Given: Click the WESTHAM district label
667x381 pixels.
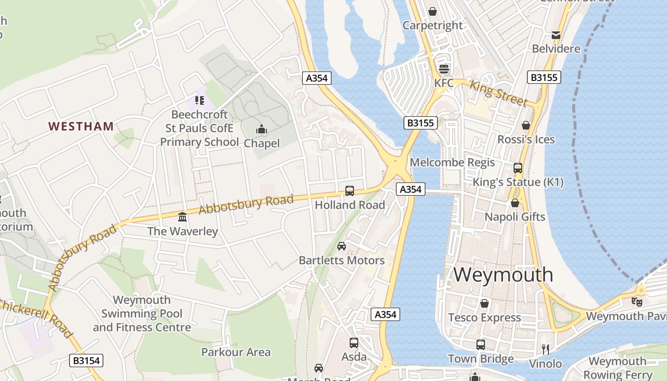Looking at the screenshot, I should pos(81,126).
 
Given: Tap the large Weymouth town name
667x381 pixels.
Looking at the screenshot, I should pos(503,275).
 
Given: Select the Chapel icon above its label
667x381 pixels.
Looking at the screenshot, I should pos(261,129).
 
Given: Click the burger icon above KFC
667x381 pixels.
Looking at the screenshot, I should pos(444,69).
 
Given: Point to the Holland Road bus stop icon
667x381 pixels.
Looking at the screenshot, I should pos(350,191).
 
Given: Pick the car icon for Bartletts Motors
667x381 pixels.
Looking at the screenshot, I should pos(342,246).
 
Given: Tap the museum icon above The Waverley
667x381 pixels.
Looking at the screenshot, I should pos(182,217).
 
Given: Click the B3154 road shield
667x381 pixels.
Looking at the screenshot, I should pos(87,361).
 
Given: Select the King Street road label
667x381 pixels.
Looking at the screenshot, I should pos(498,93).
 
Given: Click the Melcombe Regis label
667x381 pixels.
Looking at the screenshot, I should pos(452,162).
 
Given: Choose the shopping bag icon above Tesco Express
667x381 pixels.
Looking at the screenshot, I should pos(485,303).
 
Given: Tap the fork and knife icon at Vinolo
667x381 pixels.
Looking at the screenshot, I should pos(546,350).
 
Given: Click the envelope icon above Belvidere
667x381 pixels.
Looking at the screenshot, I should pos(556,35).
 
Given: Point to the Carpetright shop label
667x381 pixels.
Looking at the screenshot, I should pos(433,25).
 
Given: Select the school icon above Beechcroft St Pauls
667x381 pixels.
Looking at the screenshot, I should pos(199,100).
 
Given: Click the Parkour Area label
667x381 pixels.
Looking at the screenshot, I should pos(236,352).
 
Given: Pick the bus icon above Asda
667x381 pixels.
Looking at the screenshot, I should pos(354,343).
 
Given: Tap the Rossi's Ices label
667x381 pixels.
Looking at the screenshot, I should pos(526,140).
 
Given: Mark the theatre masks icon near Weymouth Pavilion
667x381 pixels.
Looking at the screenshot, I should pos(637,301).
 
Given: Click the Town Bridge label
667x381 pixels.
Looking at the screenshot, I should pos(481,359).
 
